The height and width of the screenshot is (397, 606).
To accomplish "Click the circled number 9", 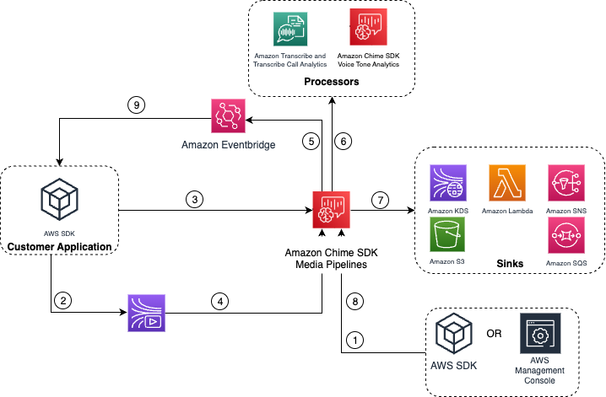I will (x=135, y=105).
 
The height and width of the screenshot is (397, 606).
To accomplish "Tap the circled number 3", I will (x=195, y=200).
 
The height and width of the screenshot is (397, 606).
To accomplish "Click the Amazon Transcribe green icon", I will (x=289, y=28).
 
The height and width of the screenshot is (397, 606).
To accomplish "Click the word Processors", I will (x=333, y=83).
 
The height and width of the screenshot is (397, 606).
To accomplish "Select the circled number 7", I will (x=381, y=200).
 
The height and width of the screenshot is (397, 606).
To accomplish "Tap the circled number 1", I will (x=355, y=341).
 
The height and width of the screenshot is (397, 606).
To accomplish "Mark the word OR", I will (x=494, y=333).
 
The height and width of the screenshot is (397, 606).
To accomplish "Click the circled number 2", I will (x=62, y=299).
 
